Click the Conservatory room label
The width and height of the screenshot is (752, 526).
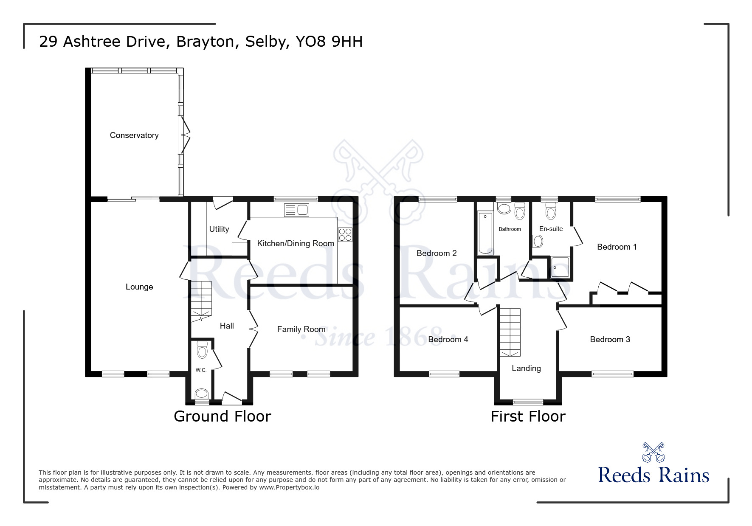[134, 135]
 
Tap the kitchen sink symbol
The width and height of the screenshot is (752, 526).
[297, 210]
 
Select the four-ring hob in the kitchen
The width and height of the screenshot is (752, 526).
[345, 235]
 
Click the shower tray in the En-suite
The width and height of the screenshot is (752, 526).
[560, 267]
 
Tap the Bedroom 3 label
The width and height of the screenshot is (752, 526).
[610, 339]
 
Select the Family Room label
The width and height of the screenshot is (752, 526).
[301, 329]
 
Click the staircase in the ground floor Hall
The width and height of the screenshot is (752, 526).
[201, 300]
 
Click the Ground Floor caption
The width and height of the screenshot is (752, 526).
[222, 416]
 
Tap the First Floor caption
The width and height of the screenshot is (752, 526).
[528, 416]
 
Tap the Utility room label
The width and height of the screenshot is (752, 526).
[219, 229]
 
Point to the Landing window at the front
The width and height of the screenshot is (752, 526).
[528, 402]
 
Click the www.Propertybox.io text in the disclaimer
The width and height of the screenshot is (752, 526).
[289, 487]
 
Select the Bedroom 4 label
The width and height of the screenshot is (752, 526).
[448, 339]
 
